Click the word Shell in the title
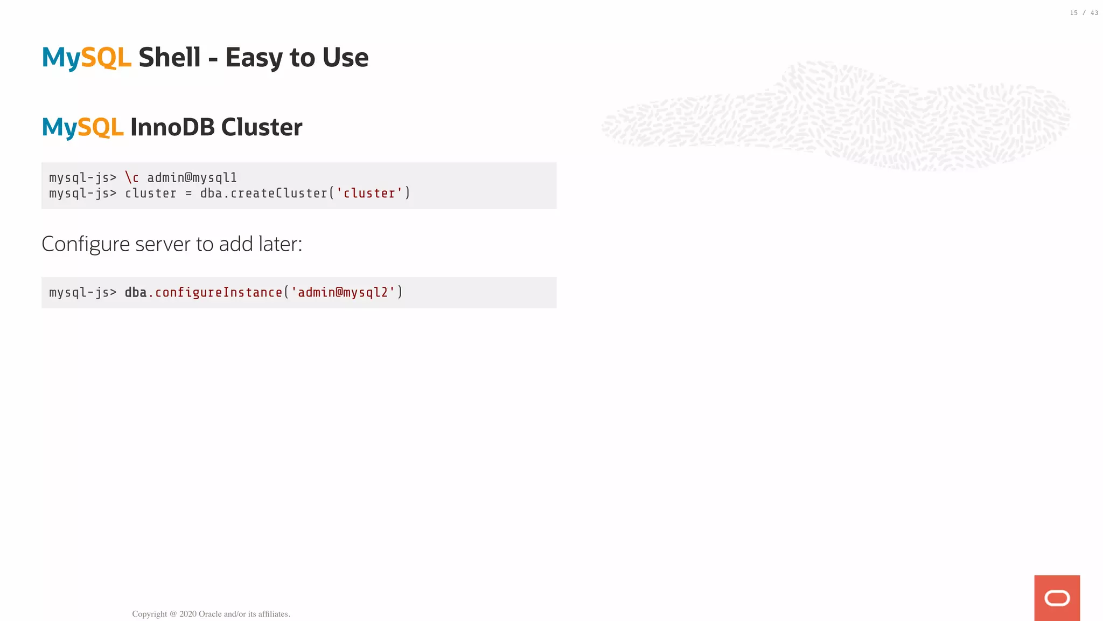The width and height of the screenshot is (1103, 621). coord(169,58)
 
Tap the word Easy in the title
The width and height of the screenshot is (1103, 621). coord(254,58)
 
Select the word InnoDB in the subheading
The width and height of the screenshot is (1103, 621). coord(172,127)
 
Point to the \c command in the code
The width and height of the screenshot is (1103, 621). coord(132,178)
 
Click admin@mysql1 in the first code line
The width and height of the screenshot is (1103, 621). coord(192,178)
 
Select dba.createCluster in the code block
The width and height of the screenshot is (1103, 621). coord(264,194)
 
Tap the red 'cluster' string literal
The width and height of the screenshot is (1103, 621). coord(369,194)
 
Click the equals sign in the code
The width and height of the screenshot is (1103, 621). coord(189,194)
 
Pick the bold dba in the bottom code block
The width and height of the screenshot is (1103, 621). coord(136,293)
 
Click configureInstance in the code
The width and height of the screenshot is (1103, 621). coord(219,293)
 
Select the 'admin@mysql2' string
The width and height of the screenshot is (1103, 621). coord(343,293)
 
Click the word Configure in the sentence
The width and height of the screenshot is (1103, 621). coord(86,244)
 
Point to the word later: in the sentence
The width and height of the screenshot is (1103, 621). coord(280,244)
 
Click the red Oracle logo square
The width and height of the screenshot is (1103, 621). coord(1057,598)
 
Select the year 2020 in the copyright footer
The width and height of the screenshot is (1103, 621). coord(187,614)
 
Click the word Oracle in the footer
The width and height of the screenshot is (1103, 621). coord(210,614)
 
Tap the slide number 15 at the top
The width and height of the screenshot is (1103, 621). coord(1073,13)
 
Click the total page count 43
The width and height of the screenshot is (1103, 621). coord(1094,13)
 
